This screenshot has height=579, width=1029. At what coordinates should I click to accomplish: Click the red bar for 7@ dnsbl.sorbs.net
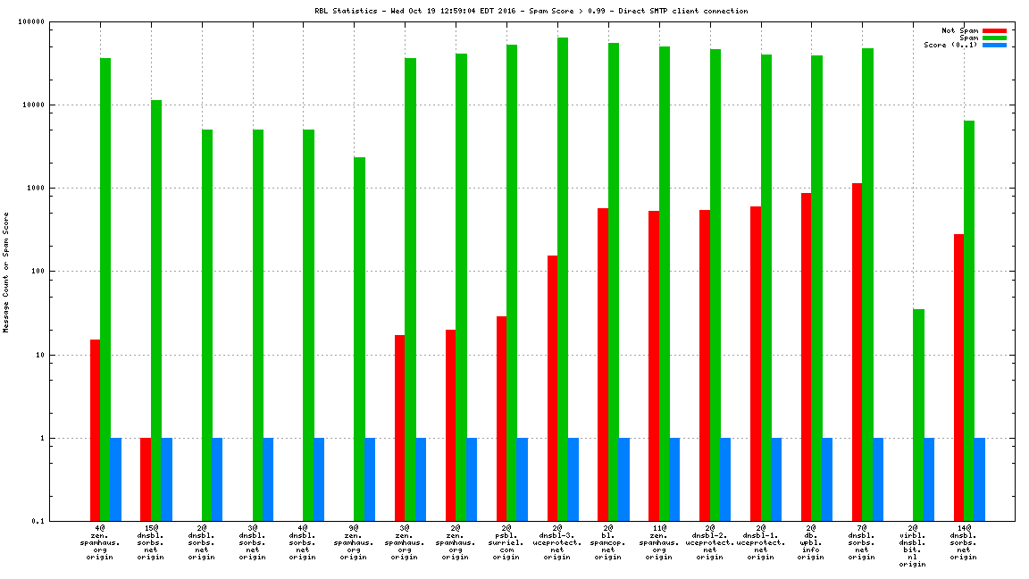coord(857,352)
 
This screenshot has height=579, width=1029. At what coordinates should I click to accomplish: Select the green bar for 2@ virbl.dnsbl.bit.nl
coord(918,415)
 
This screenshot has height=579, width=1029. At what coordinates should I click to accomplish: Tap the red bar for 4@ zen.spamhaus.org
coord(95,430)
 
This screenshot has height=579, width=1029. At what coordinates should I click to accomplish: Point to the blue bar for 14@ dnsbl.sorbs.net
coord(979,479)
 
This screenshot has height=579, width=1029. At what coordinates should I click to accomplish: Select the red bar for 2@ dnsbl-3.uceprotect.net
coord(552,388)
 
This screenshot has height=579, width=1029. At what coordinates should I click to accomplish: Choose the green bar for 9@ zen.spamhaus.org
coord(359,339)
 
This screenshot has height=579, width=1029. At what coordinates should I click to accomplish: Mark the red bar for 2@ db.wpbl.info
coord(806,357)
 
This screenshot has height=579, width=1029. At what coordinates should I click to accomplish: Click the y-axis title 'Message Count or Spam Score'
coord(6,272)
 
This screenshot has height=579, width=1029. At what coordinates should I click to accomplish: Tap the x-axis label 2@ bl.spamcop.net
coord(607,542)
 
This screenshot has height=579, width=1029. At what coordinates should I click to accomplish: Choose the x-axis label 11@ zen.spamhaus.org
coord(658,542)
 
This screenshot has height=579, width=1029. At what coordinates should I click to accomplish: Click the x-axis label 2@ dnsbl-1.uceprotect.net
coord(760,542)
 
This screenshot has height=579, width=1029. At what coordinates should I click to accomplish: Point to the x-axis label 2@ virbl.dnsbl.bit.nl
coord(913,546)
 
